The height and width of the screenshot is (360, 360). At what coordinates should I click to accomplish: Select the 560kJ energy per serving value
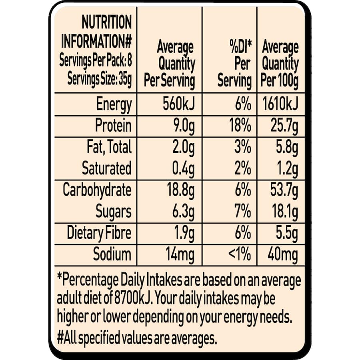(x=179, y=104)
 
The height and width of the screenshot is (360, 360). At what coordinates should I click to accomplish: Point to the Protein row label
(x=114, y=125)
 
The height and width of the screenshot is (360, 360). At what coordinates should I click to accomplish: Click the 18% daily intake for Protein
(x=240, y=125)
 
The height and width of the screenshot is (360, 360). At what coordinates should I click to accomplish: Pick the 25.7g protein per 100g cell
(x=284, y=126)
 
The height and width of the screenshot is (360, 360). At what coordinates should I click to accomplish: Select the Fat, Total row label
(x=109, y=147)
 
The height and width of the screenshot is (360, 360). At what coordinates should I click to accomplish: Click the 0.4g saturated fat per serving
(x=183, y=169)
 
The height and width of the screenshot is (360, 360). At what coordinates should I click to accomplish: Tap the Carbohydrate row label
(x=97, y=190)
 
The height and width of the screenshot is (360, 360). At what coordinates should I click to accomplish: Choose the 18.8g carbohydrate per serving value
(x=181, y=190)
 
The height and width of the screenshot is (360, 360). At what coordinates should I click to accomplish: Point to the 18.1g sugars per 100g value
(x=285, y=212)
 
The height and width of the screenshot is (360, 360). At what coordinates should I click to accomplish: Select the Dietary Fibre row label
(x=99, y=233)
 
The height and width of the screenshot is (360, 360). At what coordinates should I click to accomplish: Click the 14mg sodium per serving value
(x=180, y=255)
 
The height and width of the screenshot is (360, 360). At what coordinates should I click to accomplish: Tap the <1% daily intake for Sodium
(x=240, y=254)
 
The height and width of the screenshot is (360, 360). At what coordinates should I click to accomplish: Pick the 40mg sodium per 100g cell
(x=283, y=255)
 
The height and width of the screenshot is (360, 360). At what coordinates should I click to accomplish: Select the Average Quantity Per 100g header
(x=280, y=64)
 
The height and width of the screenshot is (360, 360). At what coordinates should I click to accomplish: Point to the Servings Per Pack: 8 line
(x=96, y=61)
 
